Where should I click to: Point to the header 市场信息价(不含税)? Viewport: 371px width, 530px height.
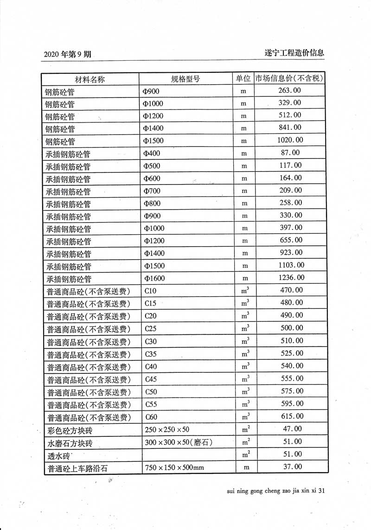pos(290,78)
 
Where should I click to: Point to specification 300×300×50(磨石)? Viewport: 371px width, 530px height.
pos(178,442)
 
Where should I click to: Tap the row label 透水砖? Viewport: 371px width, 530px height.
pos(59,455)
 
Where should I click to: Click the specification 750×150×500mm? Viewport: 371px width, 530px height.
pos(174,467)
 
